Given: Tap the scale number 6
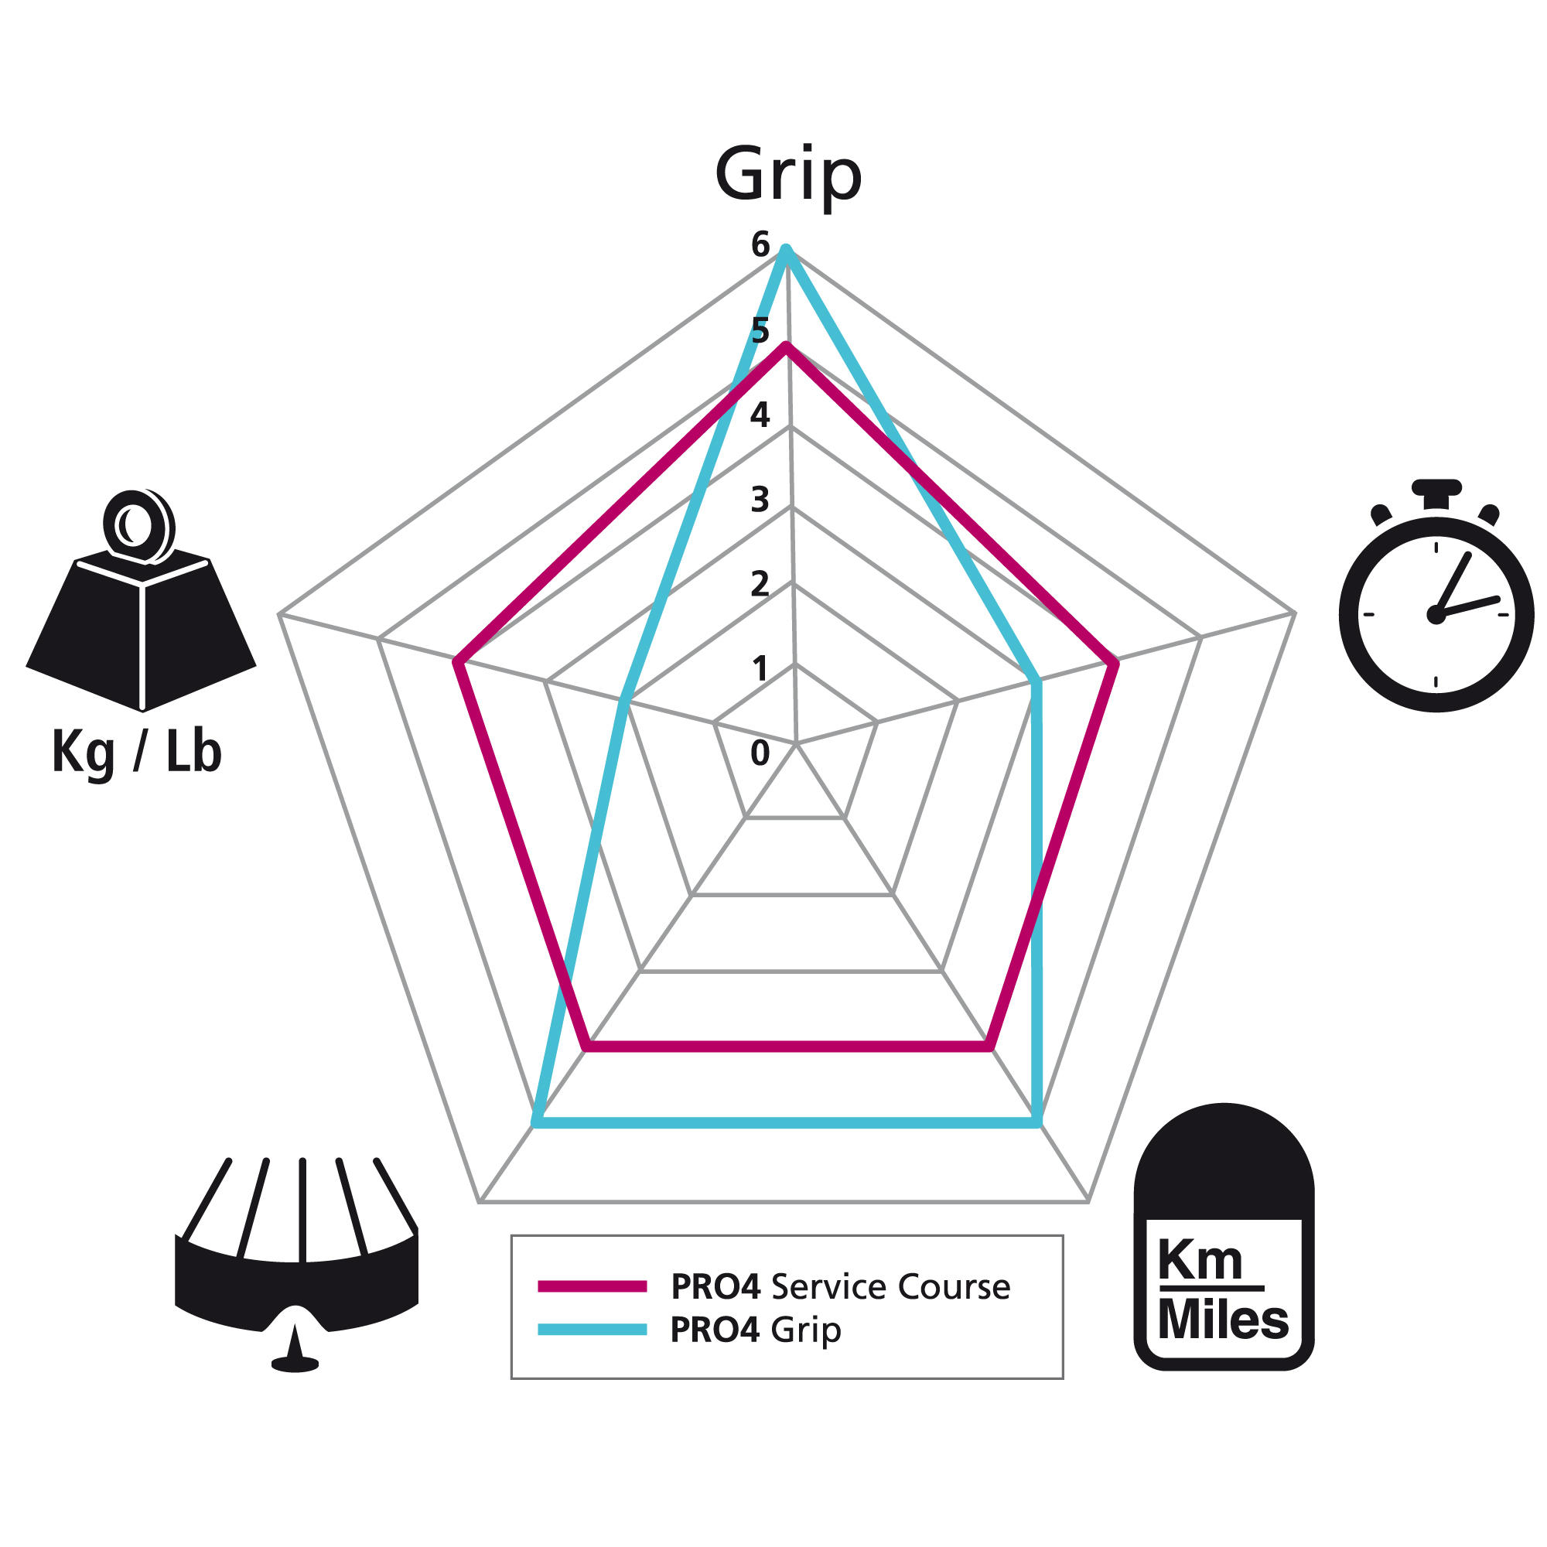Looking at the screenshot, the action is coord(760,244).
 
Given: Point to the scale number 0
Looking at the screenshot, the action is coord(760,753).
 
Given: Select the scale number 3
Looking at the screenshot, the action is coord(760,499).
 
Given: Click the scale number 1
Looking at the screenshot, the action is coord(760,668).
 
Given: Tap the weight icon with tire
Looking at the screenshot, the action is coord(141,599).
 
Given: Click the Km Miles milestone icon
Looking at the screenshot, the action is coord(1224,1236).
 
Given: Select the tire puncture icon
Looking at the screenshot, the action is coord(296,1265).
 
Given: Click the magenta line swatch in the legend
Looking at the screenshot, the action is coord(593,1286).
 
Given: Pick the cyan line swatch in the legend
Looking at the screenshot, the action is coord(593,1329).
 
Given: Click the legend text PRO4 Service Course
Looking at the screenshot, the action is coord(841,1287).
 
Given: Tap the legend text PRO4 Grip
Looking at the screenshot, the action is coord(756,1330).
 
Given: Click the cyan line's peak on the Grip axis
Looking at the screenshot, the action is coord(787,249).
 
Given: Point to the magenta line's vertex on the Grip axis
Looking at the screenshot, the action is coord(787,345).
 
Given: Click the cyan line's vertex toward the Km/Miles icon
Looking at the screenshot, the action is coord(1038,1122).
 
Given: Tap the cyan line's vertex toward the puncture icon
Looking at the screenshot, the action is coord(536,1122).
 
